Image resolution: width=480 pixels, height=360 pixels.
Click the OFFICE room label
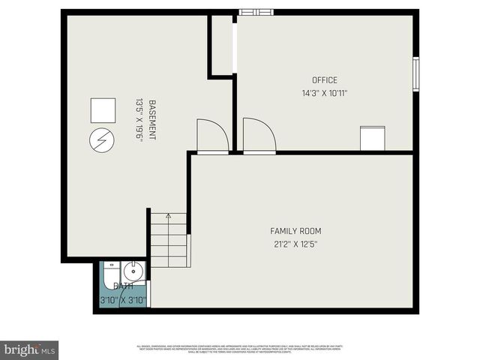click(x=325, y=80)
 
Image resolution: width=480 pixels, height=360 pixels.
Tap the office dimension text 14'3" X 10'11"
click(x=325, y=94)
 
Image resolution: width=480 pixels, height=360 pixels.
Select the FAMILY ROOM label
click(x=295, y=231)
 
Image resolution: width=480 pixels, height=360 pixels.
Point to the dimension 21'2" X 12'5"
click(x=295, y=244)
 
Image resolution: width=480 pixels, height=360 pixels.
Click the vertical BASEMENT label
click(x=152, y=120)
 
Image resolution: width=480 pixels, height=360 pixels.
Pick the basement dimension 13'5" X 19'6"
click(x=139, y=120)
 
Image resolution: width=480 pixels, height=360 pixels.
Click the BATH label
click(x=123, y=286)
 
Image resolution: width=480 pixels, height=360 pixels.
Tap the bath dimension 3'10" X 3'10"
click(x=123, y=300)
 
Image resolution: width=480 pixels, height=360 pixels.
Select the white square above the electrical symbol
click(x=102, y=110)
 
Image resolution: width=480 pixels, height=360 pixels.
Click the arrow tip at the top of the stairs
click(x=169, y=216)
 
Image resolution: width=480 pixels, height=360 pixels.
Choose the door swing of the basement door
click(x=211, y=136)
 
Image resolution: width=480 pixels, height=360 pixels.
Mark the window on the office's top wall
click(x=256, y=12)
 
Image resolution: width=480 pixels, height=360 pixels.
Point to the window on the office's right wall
click(x=415, y=74)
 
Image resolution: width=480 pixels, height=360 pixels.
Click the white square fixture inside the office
click(x=372, y=139)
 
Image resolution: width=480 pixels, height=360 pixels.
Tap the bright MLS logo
click(x=30, y=349)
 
